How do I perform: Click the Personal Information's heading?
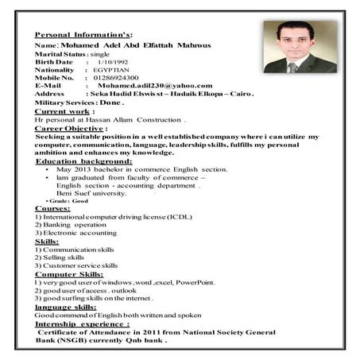pos(87,36)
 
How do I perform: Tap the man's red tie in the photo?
pos(292,66)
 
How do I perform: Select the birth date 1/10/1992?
pos(111,61)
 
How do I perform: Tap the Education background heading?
pos(83,161)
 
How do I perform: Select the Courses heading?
pos(52,208)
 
